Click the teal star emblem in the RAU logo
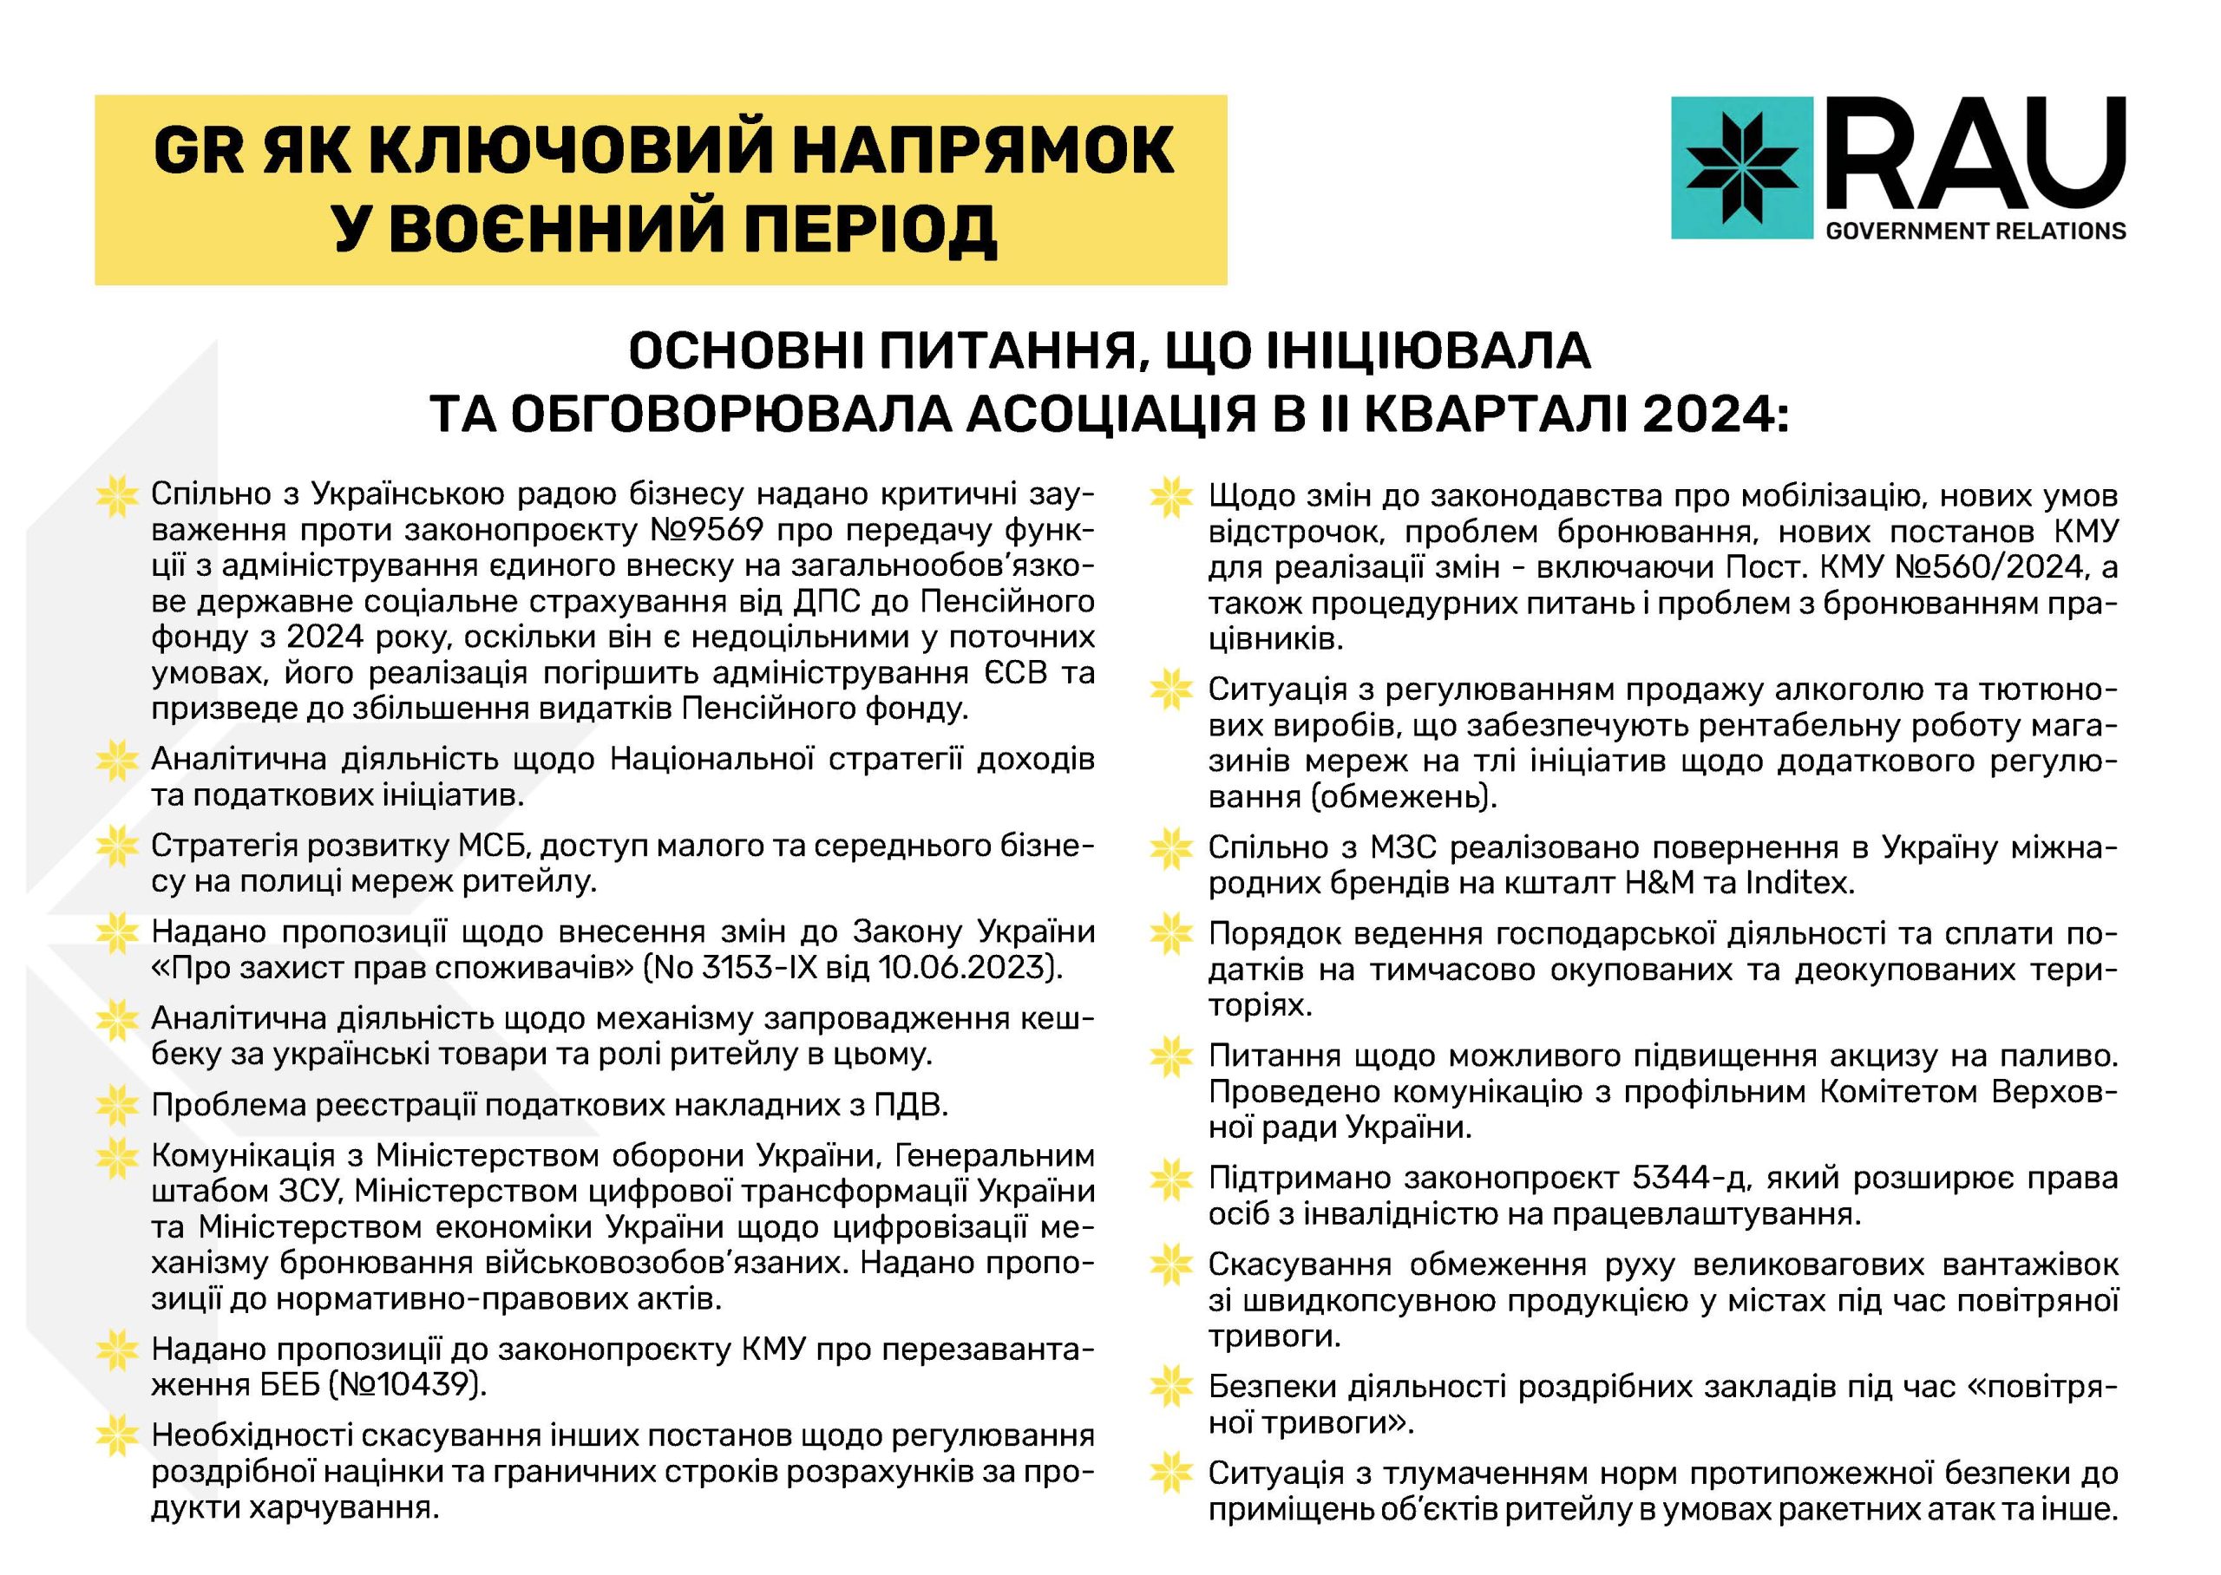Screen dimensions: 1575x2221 pos(1742,167)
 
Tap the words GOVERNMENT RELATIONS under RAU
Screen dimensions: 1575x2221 pos(1975,231)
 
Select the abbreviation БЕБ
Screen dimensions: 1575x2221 pos(278,1384)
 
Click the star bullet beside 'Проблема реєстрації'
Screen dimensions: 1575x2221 pos(117,1105)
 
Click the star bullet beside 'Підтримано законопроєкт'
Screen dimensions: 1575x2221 pos(1170,1180)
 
